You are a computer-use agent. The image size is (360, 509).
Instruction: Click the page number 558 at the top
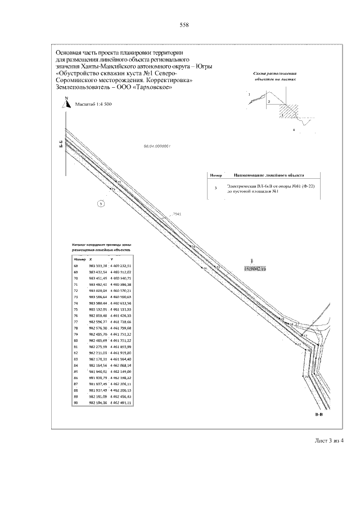click(x=183, y=25)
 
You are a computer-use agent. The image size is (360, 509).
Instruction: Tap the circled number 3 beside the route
click(x=101, y=204)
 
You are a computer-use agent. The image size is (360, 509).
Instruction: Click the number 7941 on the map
click(x=177, y=214)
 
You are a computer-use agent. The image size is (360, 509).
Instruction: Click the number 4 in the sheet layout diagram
click(x=293, y=129)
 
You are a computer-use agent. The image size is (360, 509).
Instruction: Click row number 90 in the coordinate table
click(x=76, y=403)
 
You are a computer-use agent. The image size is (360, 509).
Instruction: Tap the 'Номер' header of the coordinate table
click(x=79, y=258)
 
